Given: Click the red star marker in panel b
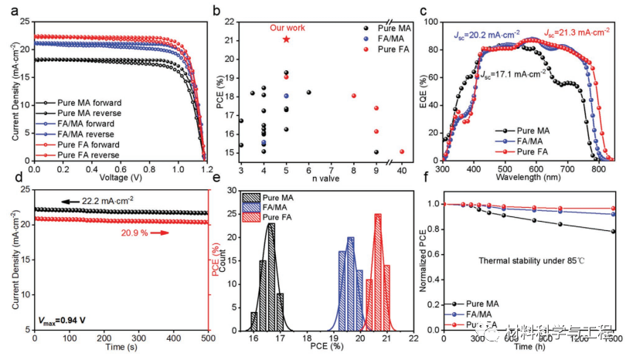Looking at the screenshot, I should [286, 39].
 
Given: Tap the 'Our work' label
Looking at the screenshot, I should [286, 28].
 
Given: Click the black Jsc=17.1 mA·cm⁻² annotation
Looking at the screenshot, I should [513, 75].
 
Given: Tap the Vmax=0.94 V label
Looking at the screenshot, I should [60, 317].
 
